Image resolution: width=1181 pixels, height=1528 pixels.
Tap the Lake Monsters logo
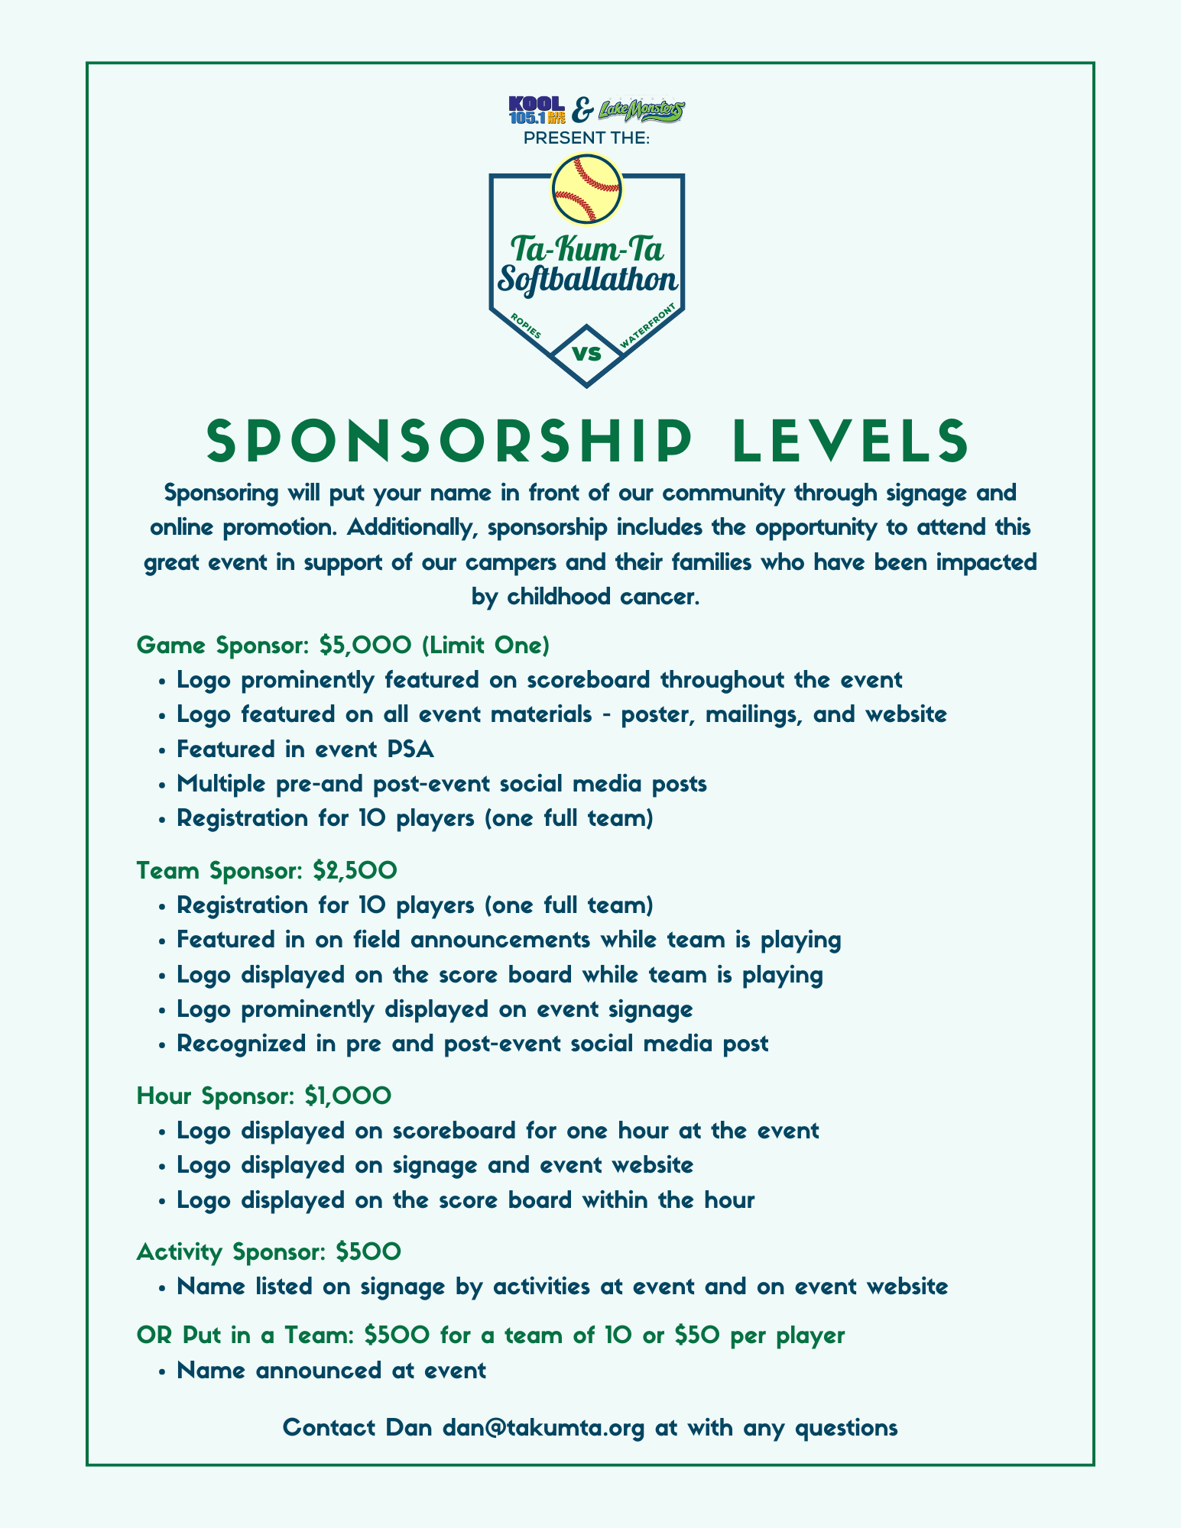[x=641, y=111]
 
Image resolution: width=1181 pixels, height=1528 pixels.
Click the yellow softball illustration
[x=586, y=189]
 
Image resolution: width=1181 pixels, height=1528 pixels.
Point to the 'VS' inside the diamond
[x=586, y=354]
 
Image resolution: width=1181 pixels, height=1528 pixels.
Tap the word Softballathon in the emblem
[x=587, y=280]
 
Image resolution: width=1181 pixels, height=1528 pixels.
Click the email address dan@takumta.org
[x=544, y=1427]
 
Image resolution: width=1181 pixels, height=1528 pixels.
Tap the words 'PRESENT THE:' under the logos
[x=586, y=139]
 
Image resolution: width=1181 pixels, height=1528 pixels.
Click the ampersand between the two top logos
[x=581, y=112]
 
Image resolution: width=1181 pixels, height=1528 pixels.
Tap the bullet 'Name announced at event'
[x=331, y=1370]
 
